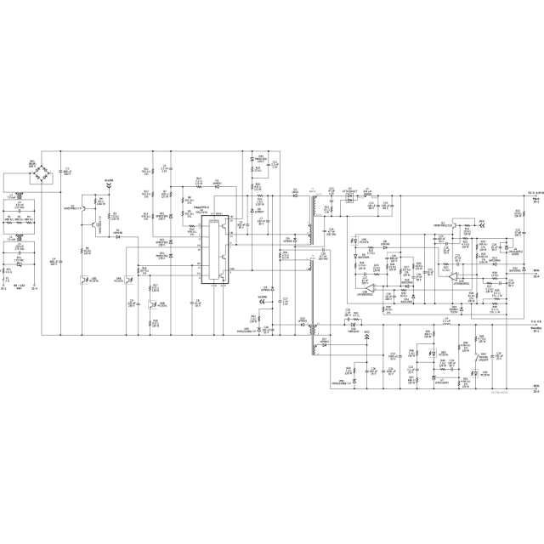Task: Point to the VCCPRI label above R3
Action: tap(109, 181)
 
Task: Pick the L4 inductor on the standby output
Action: tap(445, 325)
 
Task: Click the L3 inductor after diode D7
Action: tap(368, 198)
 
